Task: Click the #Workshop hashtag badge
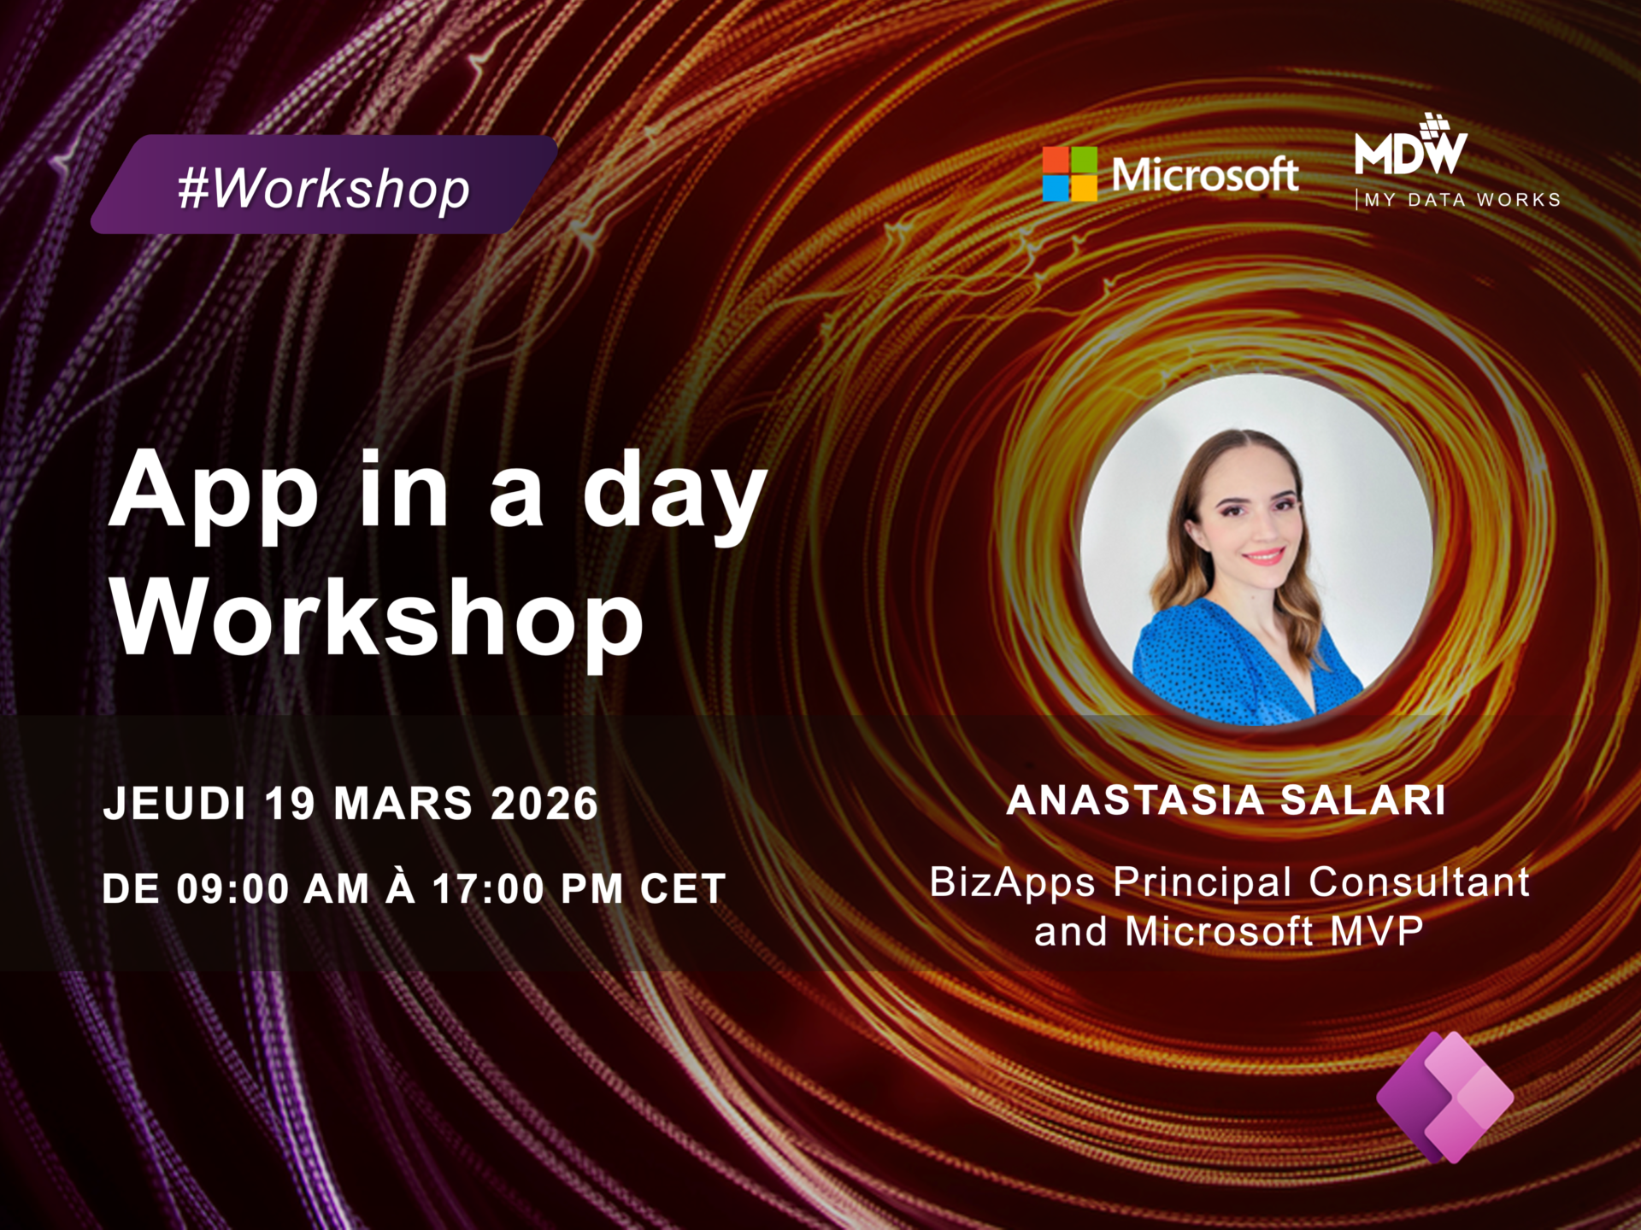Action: tap(324, 184)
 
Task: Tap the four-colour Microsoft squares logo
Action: tap(1069, 174)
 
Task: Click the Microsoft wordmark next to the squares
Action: tap(1204, 174)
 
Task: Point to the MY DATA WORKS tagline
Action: tap(1462, 200)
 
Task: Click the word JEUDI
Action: tap(174, 804)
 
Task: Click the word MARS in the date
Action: tap(403, 804)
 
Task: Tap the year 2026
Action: tap(544, 804)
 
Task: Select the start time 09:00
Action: tap(233, 889)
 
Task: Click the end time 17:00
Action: tap(488, 889)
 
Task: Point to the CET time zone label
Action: tap(683, 889)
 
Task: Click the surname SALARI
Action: tap(1363, 800)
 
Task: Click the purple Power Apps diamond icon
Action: tap(1445, 1097)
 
